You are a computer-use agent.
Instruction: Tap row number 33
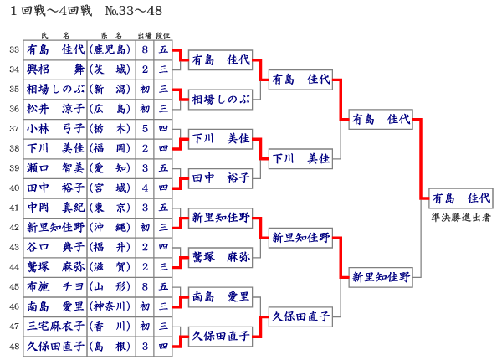14,49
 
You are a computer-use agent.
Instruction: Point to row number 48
14,345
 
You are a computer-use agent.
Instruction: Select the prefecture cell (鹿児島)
111,49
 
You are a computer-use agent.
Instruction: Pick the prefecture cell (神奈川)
111,306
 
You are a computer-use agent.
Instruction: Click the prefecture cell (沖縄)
111,227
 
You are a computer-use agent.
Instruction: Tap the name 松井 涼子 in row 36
56,109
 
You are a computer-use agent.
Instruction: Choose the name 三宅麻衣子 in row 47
56,325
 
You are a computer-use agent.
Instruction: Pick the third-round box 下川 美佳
300,157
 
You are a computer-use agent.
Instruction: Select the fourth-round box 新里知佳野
381,276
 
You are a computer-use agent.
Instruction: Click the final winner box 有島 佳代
459,198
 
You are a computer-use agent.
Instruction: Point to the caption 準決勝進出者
459,217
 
